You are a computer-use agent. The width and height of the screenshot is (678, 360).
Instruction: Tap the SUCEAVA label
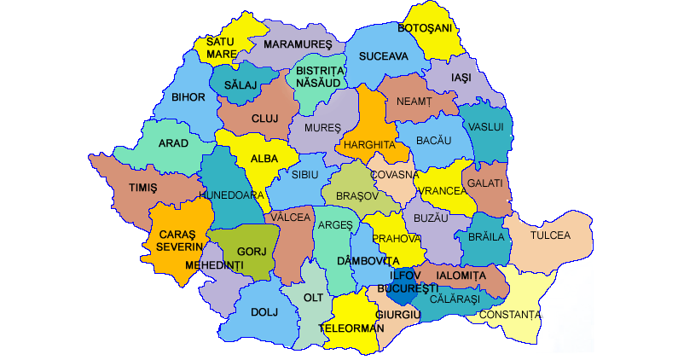click(x=384, y=56)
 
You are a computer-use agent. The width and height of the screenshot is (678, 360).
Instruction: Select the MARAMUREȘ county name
click(x=297, y=44)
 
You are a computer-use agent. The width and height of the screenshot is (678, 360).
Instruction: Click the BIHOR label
click(x=188, y=97)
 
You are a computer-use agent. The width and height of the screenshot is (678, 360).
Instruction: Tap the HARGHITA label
click(x=369, y=145)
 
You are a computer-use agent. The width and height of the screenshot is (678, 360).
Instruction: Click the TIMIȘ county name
click(x=143, y=189)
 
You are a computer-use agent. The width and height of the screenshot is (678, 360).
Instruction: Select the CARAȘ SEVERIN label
click(x=175, y=240)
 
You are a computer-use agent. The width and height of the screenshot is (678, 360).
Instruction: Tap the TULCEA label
click(x=550, y=235)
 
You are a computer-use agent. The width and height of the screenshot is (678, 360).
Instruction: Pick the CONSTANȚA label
click(x=510, y=315)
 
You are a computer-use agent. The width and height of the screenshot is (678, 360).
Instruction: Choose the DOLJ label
click(x=264, y=312)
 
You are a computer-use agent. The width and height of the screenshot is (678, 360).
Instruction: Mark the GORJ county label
click(x=246, y=253)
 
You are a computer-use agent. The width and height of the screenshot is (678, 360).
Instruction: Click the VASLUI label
click(x=487, y=126)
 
